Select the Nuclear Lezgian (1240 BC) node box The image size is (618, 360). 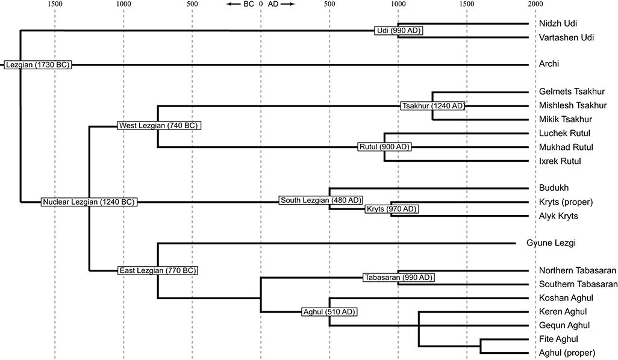tap(89, 202)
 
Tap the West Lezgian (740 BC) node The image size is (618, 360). tap(158, 126)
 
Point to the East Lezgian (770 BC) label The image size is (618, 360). tap(158, 271)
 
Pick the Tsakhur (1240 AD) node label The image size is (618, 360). tap(433, 106)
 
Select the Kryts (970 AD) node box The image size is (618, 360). tap(392, 209)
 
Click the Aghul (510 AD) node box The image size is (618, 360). tap(329, 312)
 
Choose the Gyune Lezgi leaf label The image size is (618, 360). tap(552, 243)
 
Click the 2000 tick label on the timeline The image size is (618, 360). tap(535, 4)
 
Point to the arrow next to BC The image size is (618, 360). tap(233, 4)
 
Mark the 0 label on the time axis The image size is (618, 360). tap(260, 4)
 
